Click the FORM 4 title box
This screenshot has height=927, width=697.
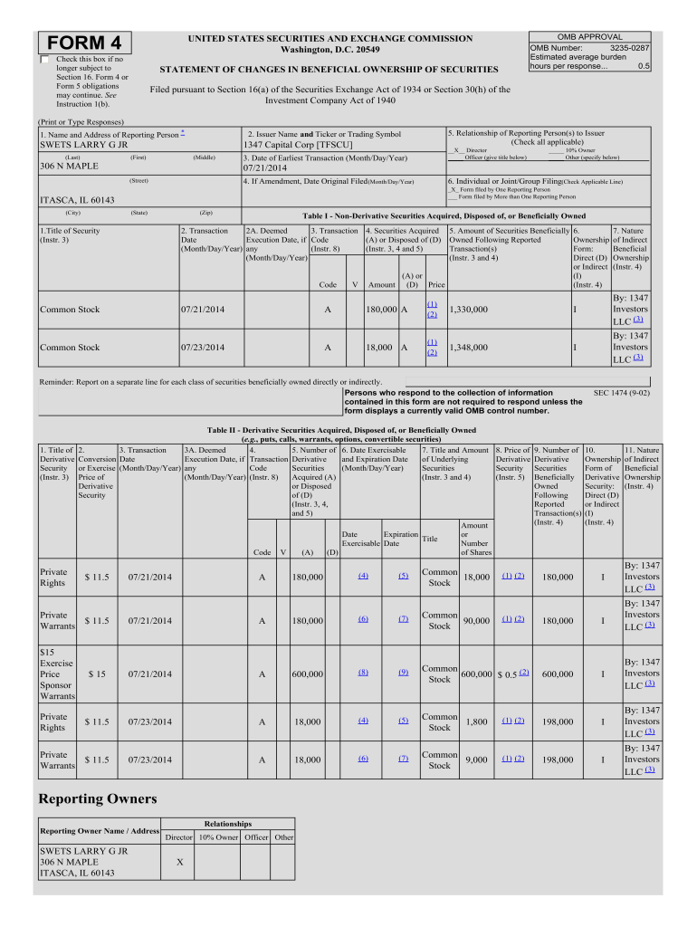86,43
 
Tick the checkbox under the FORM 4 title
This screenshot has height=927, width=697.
46,60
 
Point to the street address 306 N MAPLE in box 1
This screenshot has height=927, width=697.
69,166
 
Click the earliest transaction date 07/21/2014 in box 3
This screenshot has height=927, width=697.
265,167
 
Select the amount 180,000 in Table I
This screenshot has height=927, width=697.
379,311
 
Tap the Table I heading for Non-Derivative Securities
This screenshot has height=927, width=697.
444,216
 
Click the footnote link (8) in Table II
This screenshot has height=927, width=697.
362,673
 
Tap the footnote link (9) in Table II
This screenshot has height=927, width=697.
403,673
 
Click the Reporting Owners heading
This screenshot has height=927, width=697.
98,798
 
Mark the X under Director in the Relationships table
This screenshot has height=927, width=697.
179,863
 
